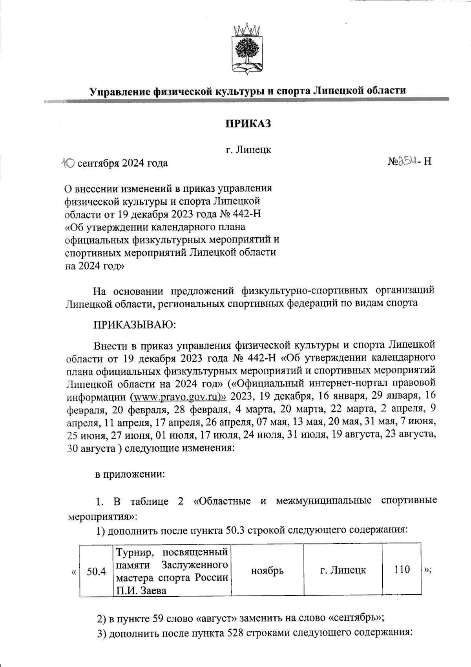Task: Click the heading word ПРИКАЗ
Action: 248,124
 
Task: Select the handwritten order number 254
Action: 404,161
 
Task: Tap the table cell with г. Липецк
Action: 343,570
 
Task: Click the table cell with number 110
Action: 402,569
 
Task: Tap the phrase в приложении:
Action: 130,474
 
